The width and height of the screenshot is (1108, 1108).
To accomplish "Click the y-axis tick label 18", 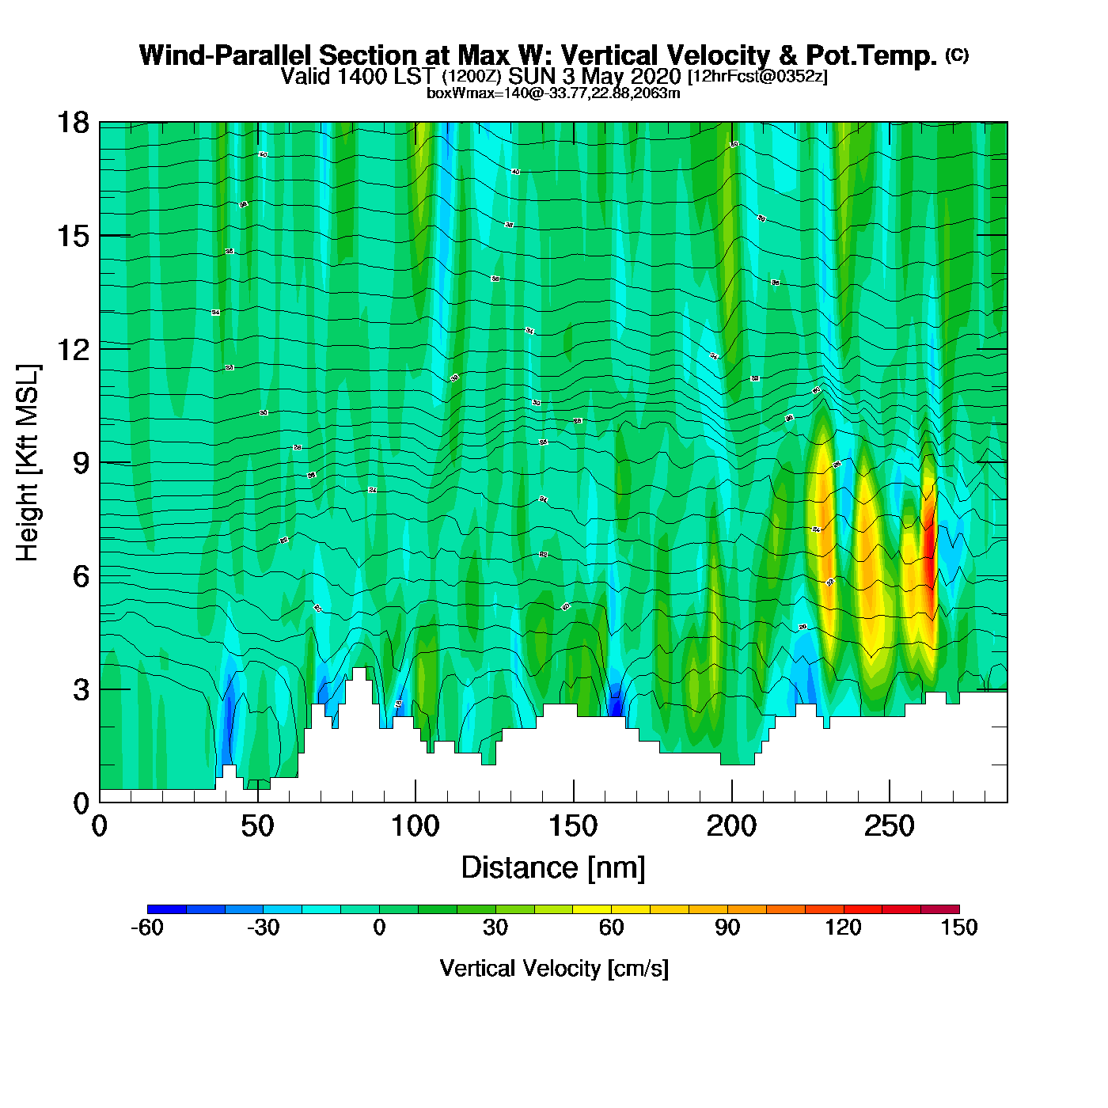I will (73, 123).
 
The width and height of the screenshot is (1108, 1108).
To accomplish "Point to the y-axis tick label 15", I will (73, 236).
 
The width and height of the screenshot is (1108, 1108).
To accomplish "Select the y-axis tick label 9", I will (81, 463).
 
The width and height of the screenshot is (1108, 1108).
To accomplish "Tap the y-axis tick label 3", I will (81, 689).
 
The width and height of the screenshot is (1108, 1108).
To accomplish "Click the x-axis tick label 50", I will (257, 827).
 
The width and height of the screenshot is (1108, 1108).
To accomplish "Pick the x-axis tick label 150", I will (573, 827).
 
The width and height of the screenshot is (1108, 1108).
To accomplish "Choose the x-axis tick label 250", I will (889, 827).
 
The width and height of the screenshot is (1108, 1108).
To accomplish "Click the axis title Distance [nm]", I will (553, 867).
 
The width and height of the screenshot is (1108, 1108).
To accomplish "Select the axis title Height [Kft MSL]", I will (28, 463).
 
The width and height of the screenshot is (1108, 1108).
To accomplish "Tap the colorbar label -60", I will (147, 928).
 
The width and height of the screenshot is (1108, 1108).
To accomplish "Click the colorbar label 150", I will (958, 928).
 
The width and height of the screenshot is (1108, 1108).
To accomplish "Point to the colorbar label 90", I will (727, 928).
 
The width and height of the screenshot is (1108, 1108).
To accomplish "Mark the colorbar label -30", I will (263, 928).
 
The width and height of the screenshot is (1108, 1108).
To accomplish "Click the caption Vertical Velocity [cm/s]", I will (553, 968).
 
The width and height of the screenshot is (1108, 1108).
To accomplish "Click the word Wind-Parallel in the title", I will (226, 55).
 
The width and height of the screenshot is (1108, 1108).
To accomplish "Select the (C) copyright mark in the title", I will (956, 55).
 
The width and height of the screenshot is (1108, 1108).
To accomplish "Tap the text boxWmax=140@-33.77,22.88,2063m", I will (553, 93).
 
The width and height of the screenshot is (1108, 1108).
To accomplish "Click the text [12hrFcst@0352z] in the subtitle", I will (757, 77).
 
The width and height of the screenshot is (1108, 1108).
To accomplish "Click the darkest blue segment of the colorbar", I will (167, 909).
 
